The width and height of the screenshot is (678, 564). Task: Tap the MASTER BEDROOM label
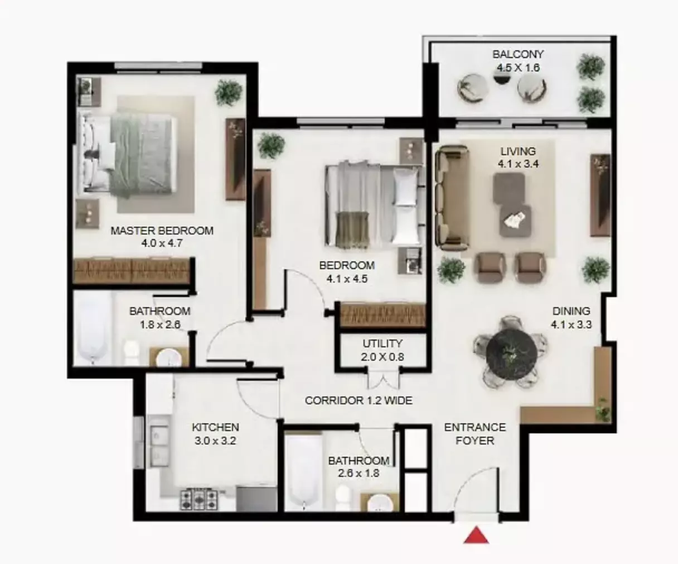pos(162,230)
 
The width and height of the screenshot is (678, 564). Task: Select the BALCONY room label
pos(518,54)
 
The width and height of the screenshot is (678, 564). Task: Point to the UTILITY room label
pos(382,343)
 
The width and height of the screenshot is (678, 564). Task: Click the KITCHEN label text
pos(215,427)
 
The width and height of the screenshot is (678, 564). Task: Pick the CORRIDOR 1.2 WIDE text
pos(359,400)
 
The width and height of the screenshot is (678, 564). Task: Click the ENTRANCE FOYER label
pos(475,434)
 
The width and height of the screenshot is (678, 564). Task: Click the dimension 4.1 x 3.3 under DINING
pos(571,324)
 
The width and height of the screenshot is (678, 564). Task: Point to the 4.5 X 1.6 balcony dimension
pos(519,68)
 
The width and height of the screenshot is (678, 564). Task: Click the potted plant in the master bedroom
pos(229,92)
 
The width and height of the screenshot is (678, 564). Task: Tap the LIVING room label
pos(518,151)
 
